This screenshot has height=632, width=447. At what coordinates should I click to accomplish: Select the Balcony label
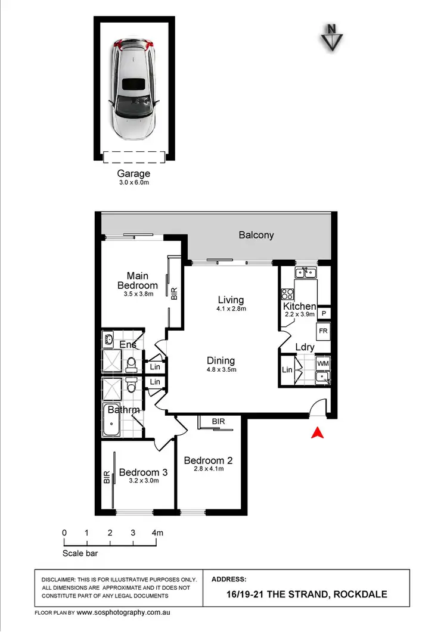[256, 235]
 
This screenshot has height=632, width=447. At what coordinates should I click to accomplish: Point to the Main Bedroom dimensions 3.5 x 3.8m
[137, 294]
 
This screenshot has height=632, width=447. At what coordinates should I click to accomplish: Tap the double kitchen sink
[305, 273]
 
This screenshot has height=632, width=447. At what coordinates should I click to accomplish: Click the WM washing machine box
[322, 363]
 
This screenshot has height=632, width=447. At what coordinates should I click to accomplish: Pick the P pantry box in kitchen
[324, 313]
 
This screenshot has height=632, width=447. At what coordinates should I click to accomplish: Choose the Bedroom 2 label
[208, 460]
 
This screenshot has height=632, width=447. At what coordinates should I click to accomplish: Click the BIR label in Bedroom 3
[107, 477]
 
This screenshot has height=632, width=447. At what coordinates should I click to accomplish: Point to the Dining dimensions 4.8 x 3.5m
[221, 369]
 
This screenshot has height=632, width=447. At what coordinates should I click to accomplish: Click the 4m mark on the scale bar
[157, 533]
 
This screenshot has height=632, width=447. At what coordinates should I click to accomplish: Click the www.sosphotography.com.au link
[123, 612]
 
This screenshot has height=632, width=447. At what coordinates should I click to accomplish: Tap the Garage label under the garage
[134, 173]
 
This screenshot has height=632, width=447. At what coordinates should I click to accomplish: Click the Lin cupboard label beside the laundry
[287, 370]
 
